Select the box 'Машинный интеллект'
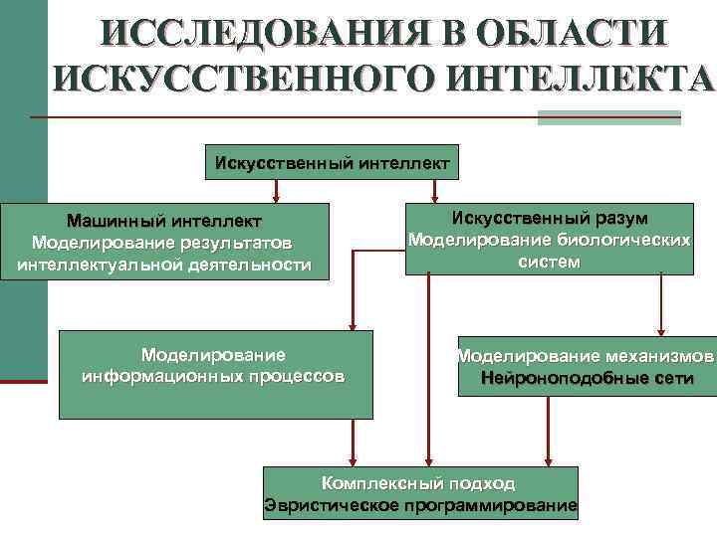164,242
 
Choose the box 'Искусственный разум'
550,240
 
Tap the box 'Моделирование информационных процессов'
216,374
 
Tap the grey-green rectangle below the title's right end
607,117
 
